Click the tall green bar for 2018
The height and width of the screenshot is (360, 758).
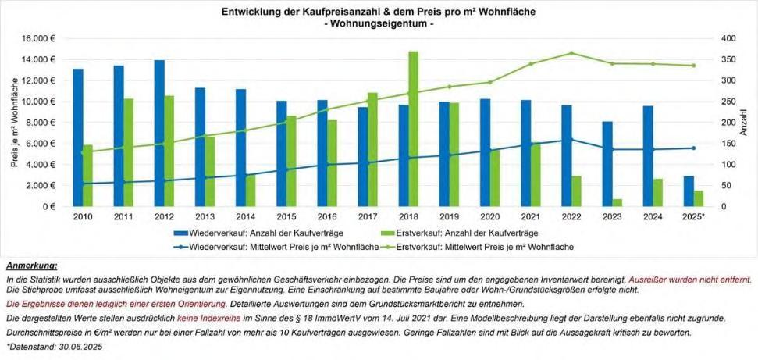tap(413, 129)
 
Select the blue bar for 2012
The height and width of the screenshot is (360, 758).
tap(159, 133)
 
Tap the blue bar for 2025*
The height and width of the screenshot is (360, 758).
tap(689, 191)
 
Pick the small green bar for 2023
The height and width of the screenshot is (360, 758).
tap(617, 203)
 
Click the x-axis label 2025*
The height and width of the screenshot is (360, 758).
tap(693, 216)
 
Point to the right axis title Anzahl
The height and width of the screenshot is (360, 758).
tap(743, 123)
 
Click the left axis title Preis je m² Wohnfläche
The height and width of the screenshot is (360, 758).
tap(13, 123)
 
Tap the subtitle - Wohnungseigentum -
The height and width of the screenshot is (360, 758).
tap(378, 24)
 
